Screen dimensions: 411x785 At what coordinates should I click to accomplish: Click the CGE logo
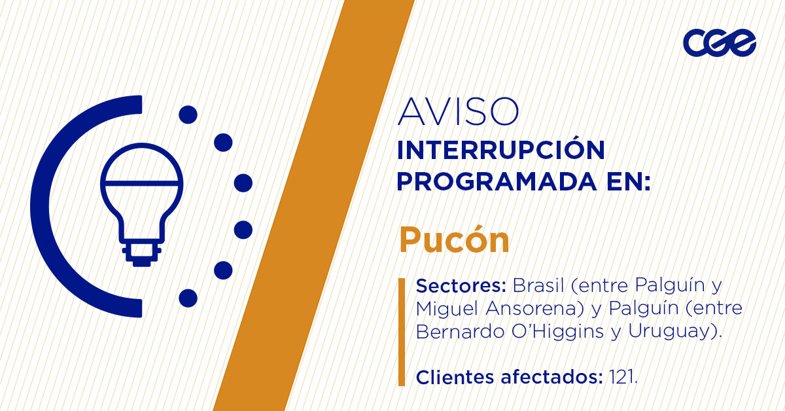pos(719,43)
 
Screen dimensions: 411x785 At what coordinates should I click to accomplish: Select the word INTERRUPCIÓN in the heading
pos(500,151)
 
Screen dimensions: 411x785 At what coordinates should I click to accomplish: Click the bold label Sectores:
pos(461,287)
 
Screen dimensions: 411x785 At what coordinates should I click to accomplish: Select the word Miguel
pos(447,309)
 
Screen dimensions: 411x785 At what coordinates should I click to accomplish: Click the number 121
pos(622,377)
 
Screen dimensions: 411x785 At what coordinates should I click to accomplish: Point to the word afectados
pos(546,377)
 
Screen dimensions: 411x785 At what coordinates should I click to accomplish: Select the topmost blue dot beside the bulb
pos(188,115)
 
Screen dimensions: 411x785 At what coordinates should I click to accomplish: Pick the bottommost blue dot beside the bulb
pos(188,298)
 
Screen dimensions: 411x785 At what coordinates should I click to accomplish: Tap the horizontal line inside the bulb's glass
pos(141,181)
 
